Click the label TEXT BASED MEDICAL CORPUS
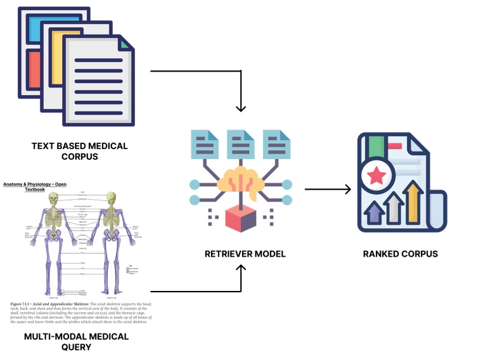79,151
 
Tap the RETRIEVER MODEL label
245,254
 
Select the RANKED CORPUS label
400,254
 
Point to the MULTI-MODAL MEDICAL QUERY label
76,342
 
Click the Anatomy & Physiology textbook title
34,186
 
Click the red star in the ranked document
377,174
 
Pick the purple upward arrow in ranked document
375,212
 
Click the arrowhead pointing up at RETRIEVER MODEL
240,270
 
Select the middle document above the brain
240,145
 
